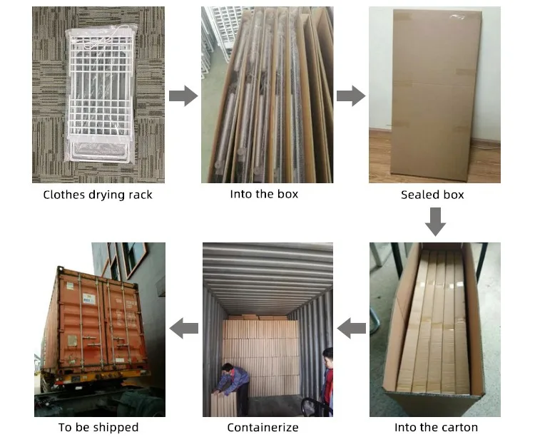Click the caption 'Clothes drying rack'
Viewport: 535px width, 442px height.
[98, 195]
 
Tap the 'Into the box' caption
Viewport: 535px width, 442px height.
[264, 194]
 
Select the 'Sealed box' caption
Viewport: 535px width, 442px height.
[432, 195]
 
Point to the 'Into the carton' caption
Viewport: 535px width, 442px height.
[436, 427]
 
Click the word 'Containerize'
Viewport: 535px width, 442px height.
[263, 427]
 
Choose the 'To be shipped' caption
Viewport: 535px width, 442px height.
[98, 427]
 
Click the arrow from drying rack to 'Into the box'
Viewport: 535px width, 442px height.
[183, 96]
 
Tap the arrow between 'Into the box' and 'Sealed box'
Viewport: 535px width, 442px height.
[351, 96]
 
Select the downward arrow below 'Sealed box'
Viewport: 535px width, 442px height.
[435, 222]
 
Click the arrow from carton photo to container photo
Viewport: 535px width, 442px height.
[351, 328]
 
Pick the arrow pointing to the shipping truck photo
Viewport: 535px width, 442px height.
[183, 328]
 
